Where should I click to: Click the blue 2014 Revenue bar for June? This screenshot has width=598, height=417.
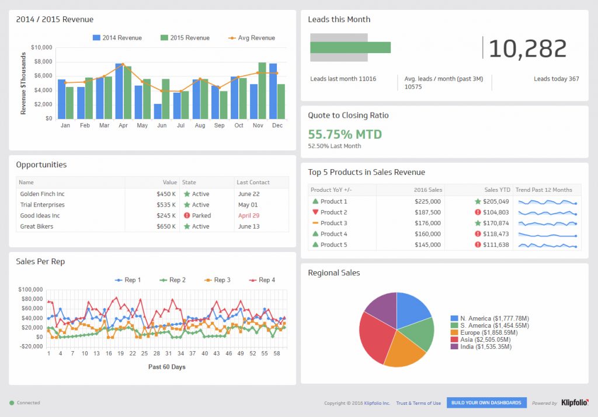point(158,111)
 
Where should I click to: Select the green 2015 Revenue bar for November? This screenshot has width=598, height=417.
point(262,91)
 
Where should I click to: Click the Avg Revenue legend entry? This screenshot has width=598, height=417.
point(252,38)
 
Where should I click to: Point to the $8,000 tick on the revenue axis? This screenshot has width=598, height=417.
point(41,62)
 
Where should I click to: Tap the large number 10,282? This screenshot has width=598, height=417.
point(527,48)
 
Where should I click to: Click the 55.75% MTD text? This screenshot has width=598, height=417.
point(345,134)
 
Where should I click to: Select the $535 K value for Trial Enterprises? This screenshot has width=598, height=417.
point(166,205)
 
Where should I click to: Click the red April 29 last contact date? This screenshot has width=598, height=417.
point(249,216)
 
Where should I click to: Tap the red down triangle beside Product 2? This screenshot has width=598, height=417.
point(315,212)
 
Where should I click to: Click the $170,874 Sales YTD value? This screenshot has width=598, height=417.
point(496,223)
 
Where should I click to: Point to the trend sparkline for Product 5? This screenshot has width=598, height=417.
point(548,245)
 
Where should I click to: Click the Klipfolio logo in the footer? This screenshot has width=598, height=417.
point(573,403)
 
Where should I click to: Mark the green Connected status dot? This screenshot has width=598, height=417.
point(12,403)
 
